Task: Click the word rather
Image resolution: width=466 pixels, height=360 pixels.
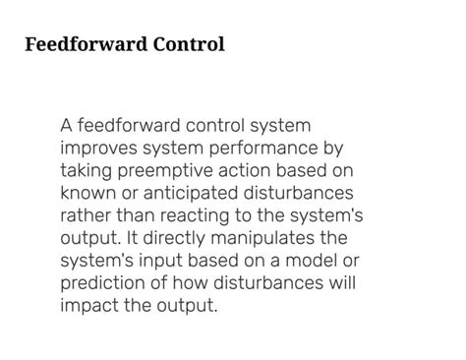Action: pyautogui.click(x=85, y=214)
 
